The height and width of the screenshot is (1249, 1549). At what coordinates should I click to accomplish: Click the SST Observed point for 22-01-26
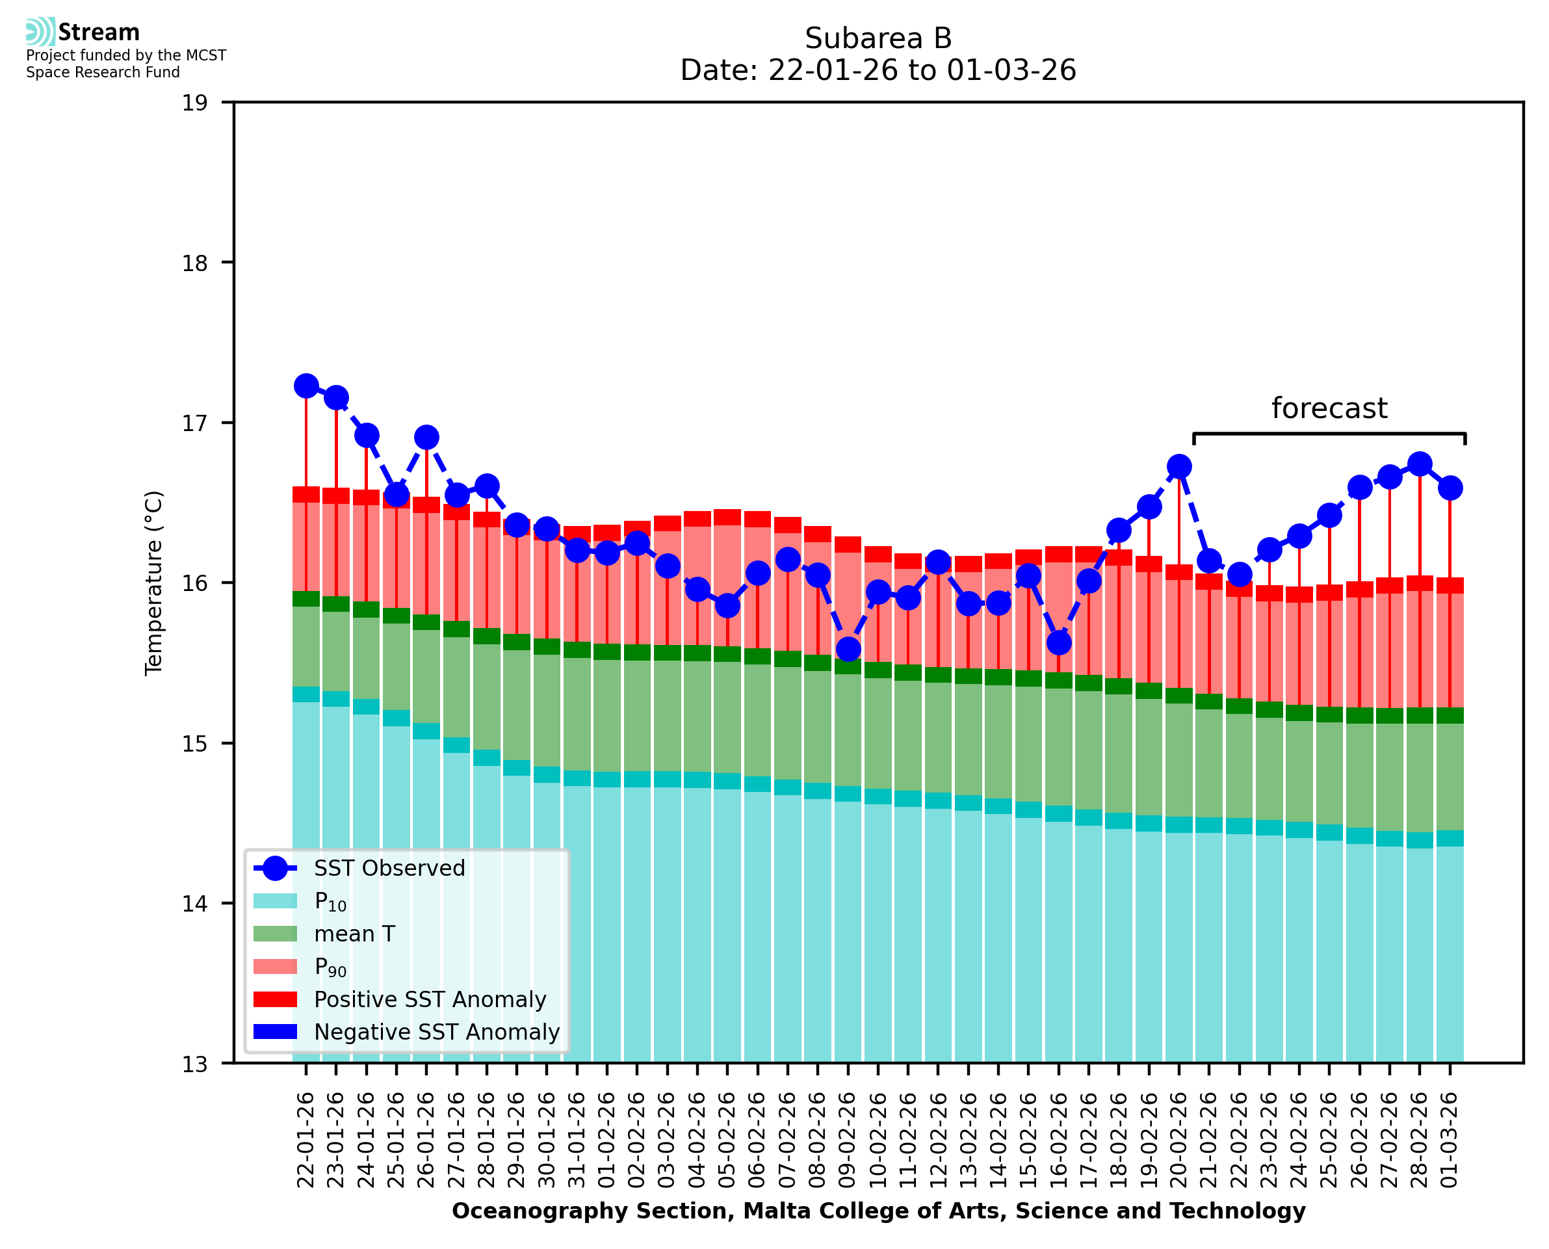[306, 386]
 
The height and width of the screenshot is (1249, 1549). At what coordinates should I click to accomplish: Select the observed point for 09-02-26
[848, 649]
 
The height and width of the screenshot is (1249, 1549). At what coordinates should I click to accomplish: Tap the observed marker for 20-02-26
[1178, 466]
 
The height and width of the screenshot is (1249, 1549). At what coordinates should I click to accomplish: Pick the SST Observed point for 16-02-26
[1058, 642]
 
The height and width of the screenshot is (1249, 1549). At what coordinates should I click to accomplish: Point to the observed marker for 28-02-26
[1420, 464]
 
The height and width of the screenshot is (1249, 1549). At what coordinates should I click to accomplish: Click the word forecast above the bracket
[1329, 409]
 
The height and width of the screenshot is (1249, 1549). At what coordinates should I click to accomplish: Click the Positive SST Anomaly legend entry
[429, 999]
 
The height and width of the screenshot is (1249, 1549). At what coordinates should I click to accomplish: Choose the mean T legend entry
[354, 934]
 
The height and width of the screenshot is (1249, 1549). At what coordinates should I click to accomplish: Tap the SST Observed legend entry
[389, 869]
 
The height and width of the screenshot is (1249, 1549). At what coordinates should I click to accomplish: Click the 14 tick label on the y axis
[195, 904]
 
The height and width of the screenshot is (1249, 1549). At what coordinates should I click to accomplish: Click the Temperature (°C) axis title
[154, 583]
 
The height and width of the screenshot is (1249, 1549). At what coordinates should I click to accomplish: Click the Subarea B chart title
[878, 38]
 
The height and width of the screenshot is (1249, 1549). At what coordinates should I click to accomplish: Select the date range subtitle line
[878, 70]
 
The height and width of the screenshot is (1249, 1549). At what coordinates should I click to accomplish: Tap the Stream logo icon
[40, 32]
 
